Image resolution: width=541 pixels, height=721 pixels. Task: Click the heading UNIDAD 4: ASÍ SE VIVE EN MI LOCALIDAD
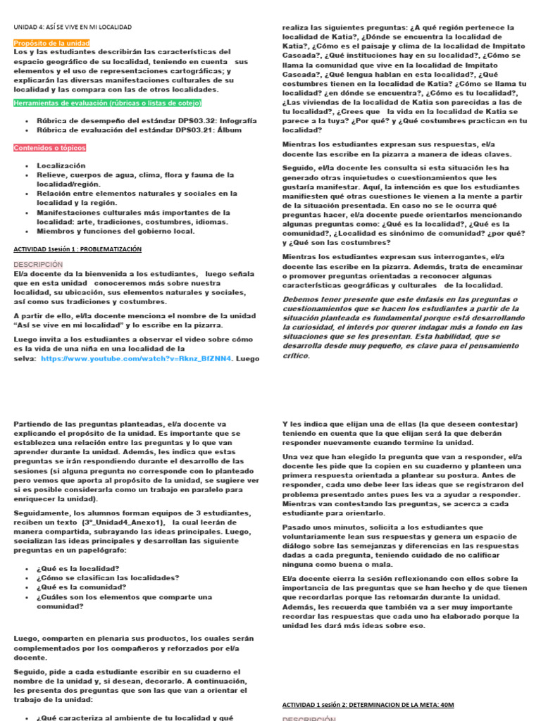pyautogui.click(x=73, y=27)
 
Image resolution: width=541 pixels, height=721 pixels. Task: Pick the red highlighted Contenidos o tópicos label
pyautogui.click(x=49, y=147)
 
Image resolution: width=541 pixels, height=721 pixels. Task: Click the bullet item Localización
pyautogui.click(x=61, y=165)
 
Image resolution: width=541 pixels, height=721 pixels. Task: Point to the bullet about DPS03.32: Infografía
pyautogui.click(x=136, y=120)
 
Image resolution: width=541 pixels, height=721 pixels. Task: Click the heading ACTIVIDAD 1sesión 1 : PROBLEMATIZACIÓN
pyautogui.click(x=77, y=249)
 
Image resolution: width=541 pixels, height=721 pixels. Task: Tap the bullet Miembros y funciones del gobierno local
pyautogui.click(x=115, y=230)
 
